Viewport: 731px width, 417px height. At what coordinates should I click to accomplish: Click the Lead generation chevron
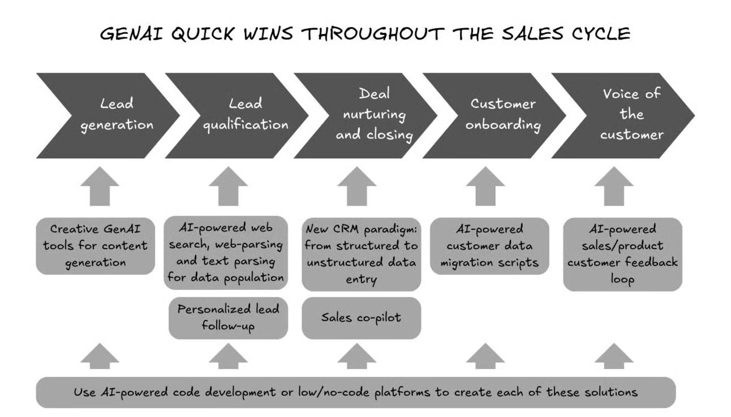click(x=107, y=115)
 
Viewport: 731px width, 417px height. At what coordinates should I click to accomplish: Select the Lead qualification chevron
click(x=238, y=115)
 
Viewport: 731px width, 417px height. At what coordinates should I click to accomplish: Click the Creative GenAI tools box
click(x=95, y=246)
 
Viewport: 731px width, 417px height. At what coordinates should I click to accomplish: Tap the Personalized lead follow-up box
click(x=228, y=318)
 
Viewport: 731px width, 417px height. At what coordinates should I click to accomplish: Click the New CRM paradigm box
click(x=361, y=254)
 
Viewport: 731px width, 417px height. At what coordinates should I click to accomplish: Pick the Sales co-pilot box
click(x=361, y=318)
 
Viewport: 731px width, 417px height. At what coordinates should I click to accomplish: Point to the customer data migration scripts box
click(x=489, y=246)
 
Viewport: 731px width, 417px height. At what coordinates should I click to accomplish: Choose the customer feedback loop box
click(x=622, y=254)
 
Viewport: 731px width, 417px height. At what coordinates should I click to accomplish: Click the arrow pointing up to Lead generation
click(x=100, y=185)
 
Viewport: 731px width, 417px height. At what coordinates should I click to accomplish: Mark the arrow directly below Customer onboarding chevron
click(x=485, y=185)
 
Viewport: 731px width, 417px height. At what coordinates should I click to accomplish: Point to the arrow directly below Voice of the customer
click(x=613, y=185)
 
